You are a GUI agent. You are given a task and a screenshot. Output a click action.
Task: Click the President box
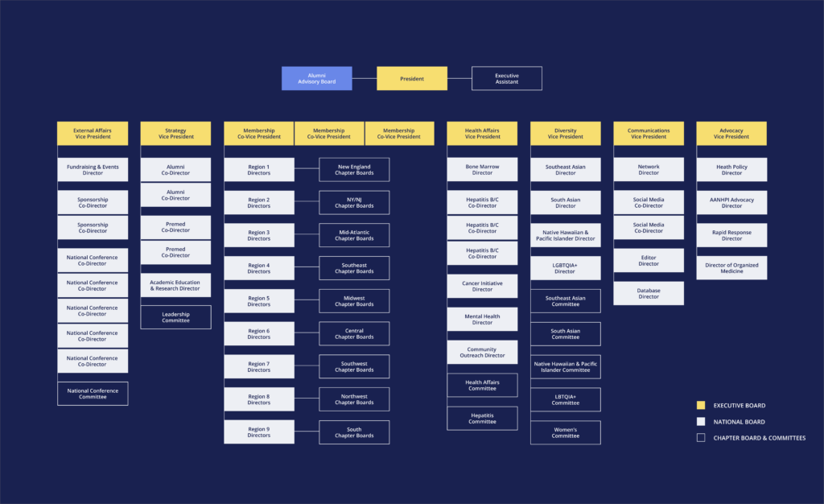[412, 78]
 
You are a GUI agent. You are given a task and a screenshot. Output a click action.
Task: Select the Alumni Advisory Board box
[317, 78]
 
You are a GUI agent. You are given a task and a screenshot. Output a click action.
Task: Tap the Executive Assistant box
[507, 78]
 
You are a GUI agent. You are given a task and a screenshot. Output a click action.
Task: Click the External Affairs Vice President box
[93, 134]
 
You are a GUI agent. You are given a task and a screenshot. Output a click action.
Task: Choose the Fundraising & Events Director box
[93, 170]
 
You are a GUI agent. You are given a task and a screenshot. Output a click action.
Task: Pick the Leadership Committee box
[176, 317]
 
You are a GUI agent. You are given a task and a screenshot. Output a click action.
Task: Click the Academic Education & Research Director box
[176, 285]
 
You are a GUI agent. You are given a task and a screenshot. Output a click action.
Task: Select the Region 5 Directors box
[259, 301]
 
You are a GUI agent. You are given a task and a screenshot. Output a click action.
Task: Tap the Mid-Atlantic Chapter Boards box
[354, 235]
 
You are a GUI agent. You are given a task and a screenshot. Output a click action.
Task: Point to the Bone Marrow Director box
[483, 170]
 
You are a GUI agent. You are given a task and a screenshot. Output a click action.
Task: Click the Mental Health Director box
[483, 320]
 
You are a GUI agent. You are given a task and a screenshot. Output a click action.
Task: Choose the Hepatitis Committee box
[483, 419]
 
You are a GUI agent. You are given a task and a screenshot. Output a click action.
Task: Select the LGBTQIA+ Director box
[566, 268]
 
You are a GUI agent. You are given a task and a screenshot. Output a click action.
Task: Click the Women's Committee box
[566, 432]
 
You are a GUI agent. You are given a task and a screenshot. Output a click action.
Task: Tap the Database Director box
[649, 293]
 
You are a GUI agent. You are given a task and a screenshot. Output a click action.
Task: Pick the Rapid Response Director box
[731, 235]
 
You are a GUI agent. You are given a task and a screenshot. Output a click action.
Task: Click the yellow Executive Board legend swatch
[701, 405]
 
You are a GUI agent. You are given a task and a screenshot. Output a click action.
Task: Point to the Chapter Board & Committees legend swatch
[701, 438]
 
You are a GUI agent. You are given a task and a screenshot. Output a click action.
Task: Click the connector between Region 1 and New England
[307, 168]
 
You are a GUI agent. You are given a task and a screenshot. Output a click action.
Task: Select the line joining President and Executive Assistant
[459, 78]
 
